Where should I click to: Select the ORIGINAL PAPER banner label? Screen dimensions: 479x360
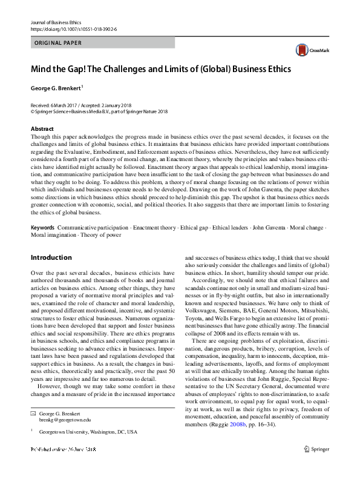[58, 43]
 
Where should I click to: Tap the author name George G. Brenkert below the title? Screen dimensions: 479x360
[56, 88]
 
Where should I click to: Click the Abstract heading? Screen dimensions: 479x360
[42, 129]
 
